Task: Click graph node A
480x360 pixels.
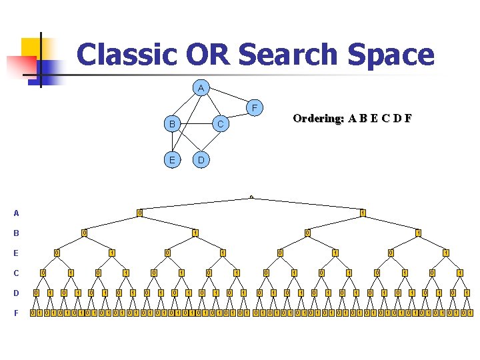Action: [201, 88]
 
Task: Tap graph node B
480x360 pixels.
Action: [172, 124]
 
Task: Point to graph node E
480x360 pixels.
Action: [172, 160]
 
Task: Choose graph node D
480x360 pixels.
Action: [201, 160]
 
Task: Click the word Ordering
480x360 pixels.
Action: [318, 119]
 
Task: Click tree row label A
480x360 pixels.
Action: [16, 213]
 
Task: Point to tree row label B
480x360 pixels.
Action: [16, 233]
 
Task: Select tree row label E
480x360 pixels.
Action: [16, 253]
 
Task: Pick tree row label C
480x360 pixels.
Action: [16, 273]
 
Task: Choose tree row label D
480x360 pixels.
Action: [16, 293]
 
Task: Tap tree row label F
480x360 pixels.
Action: [16, 313]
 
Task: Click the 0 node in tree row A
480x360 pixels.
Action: [139, 213]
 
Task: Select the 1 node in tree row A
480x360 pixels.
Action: [363, 213]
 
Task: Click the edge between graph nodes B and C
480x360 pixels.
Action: [196, 124]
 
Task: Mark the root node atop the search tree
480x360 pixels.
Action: [251, 197]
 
